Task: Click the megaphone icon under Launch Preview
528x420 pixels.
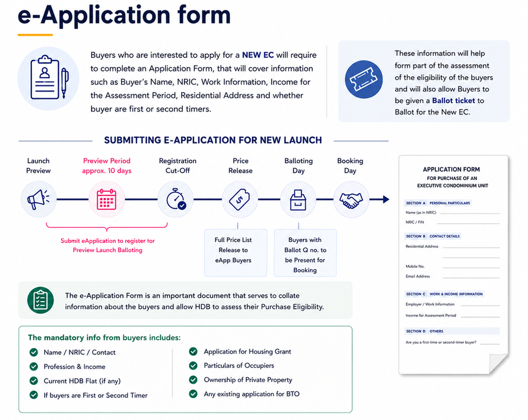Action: [x=38, y=199]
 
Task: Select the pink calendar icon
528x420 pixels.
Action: [x=106, y=199]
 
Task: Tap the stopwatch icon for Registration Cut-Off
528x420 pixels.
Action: [x=176, y=199]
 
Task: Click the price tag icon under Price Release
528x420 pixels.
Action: [x=239, y=200]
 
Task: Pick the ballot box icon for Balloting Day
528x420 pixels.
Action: [x=298, y=200]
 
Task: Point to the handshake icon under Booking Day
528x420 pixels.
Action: [x=351, y=201]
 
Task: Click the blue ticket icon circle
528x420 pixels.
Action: [x=364, y=79]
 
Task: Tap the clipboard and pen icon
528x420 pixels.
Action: [x=49, y=78]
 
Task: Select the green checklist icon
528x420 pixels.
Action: [x=40, y=300]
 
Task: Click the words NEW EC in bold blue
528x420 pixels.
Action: [x=258, y=55]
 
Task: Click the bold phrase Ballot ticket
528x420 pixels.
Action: [x=453, y=101]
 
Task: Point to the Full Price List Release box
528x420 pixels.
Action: [x=235, y=253]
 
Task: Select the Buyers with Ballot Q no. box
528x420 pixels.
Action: [x=305, y=253]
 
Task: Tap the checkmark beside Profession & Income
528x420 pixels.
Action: [x=34, y=366]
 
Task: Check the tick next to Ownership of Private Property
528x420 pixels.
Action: [x=194, y=380]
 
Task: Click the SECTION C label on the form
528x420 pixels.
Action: [x=416, y=294]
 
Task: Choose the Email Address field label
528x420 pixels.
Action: [x=418, y=276]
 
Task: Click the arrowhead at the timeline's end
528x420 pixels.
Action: [x=386, y=199]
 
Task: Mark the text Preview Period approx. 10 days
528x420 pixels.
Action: [x=107, y=166]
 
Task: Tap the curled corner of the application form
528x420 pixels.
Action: [x=498, y=363]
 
